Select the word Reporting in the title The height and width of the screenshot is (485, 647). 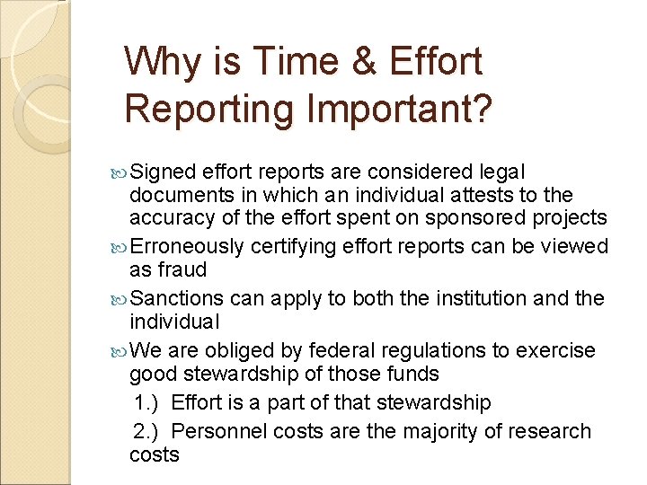tap(208, 109)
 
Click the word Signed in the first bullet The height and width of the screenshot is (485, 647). tap(164, 172)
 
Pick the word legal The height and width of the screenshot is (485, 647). tap(503, 172)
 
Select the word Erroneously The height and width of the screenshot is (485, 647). tap(187, 247)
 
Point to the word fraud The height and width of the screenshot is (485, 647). tap(182, 270)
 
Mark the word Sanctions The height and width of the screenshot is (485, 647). tap(176, 298)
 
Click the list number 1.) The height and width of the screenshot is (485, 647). tap(146, 402)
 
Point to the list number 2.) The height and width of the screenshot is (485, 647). tap(146, 431)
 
